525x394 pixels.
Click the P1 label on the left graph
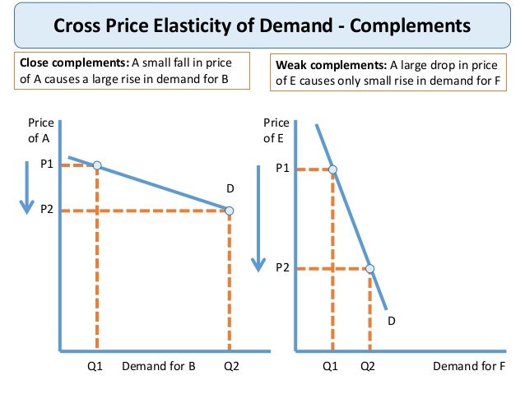(47, 165)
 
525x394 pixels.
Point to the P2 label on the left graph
(47, 210)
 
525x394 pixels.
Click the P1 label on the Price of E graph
(282, 169)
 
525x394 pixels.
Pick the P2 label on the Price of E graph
(282, 267)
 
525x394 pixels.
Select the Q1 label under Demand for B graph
(96, 367)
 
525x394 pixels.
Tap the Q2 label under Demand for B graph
(230, 367)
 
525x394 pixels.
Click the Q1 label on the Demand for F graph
(330, 367)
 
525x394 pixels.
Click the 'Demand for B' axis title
(158, 367)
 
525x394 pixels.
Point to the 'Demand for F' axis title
(468, 367)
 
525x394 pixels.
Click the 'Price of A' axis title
(39, 131)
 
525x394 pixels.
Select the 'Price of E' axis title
(276, 131)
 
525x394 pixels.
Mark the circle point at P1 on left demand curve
(97, 165)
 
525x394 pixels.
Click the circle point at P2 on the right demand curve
(369, 268)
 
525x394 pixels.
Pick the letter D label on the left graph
(230, 189)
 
